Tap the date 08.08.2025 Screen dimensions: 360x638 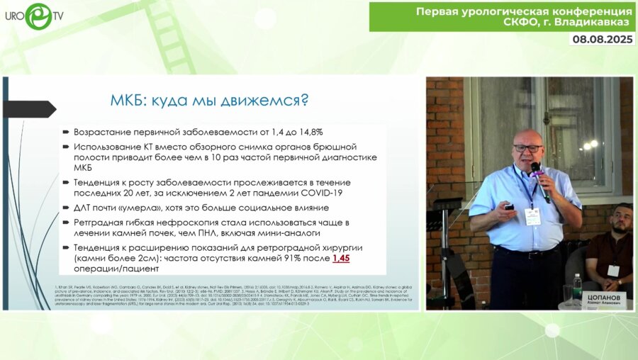[603, 40]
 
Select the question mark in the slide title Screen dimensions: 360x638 [303, 99]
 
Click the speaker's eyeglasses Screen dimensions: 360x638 [527, 148]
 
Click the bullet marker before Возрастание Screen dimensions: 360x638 [65, 132]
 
